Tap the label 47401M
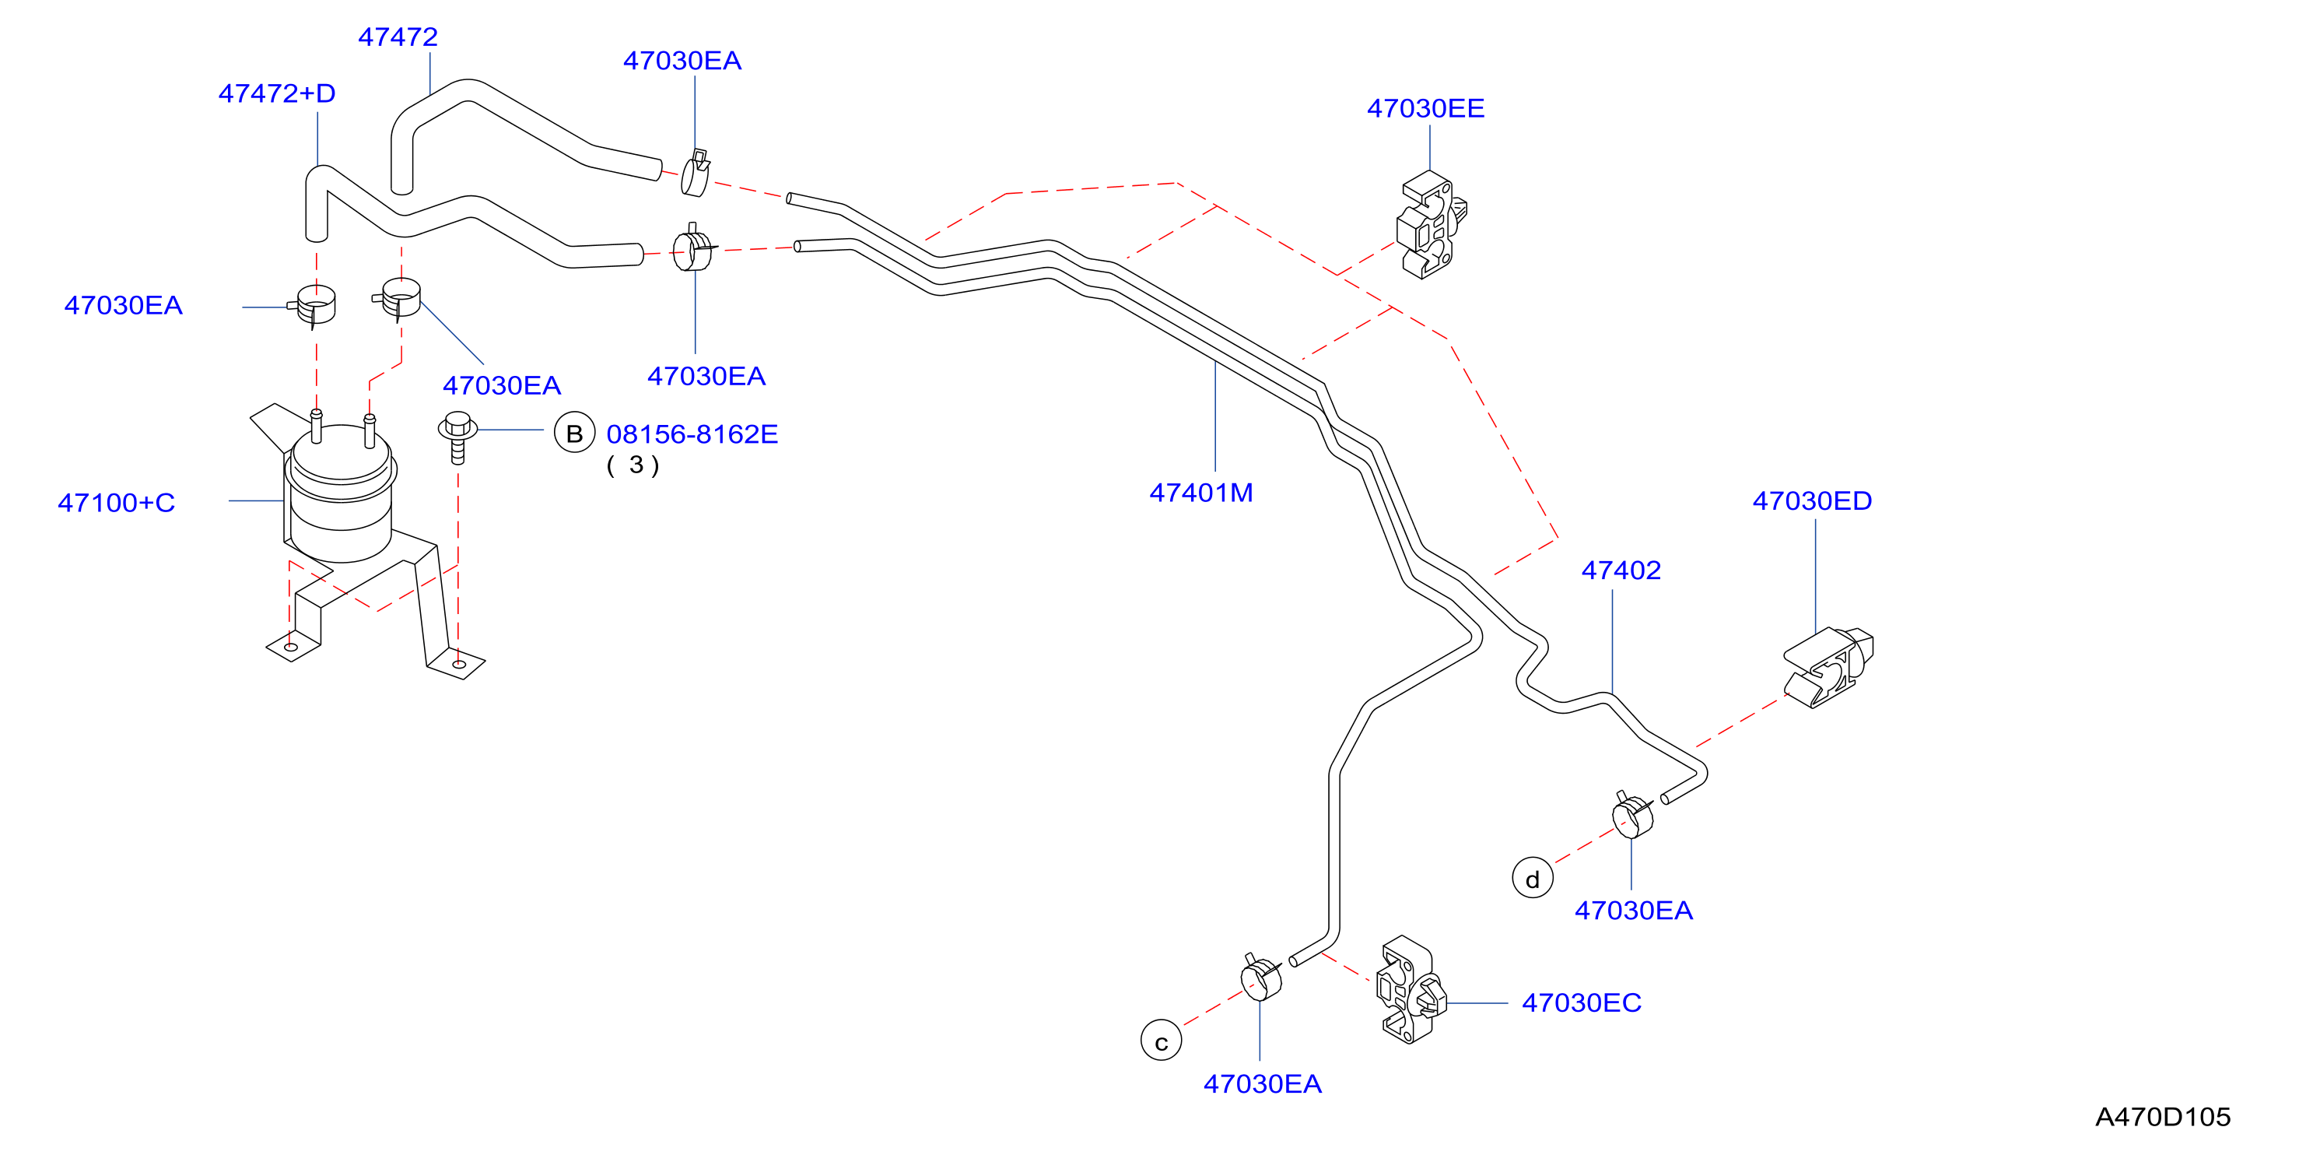pos(1200,493)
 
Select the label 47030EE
pos(1425,108)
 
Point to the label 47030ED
pos(1812,501)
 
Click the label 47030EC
pos(1582,1002)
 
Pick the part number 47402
pos(1621,570)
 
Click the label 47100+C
pos(116,503)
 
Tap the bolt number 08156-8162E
pos(692,434)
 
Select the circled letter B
pos(575,434)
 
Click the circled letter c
pos(1161,1041)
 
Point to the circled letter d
pos(1532,877)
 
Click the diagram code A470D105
pos(2162,1117)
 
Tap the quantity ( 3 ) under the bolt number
pos(633,465)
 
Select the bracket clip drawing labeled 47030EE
pos(1430,225)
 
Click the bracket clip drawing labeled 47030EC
pos(1411,990)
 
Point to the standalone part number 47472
pos(398,37)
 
